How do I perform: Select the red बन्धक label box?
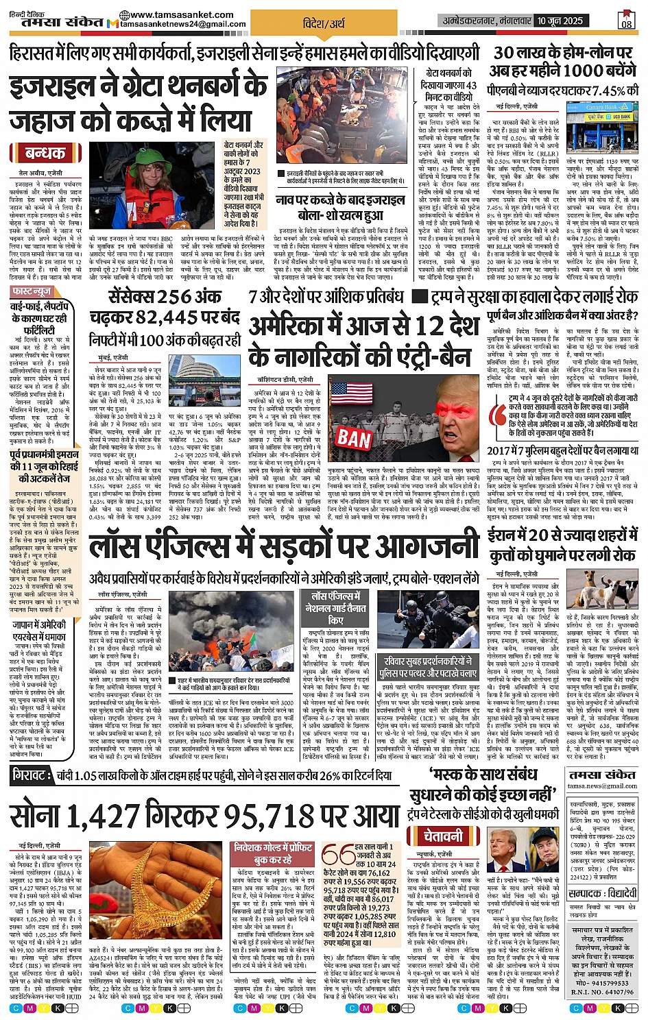45,153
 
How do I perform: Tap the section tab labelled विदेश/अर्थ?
324,23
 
